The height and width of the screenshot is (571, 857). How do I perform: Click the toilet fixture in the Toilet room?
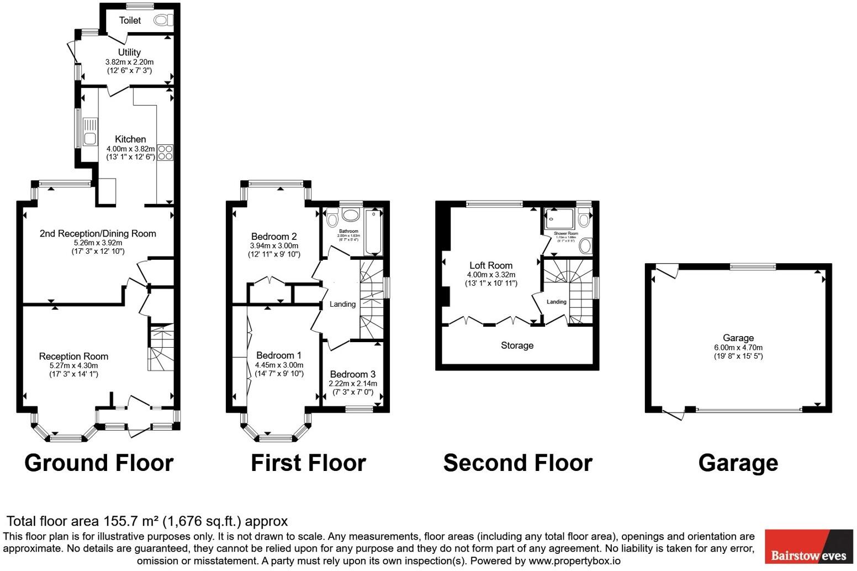pyautogui.click(x=162, y=20)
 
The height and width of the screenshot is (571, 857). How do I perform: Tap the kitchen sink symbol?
pyautogui.click(x=89, y=132)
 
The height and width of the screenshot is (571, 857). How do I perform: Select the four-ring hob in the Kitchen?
pyautogui.click(x=166, y=153)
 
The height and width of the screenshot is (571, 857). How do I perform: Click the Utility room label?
pyautogui.click(x=129, y=53)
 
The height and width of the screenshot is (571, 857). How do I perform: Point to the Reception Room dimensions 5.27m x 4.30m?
pyautogui.click(x=73, y=365)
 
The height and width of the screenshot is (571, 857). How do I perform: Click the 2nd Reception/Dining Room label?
pyautogui.click(x=98, y=233)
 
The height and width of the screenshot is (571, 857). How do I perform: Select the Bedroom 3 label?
pyautogui.click(x=353, y=374)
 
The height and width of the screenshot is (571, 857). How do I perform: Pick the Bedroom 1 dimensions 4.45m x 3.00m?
pyautogui.click(x=279, y=365)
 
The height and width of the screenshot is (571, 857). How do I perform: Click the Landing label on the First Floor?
pyautogui.click(x=342, y=304)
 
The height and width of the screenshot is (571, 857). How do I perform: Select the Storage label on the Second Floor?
pyautogui.click(x=517, y=345)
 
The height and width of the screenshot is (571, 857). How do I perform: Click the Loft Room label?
pyautogui.click(x=491, y=265)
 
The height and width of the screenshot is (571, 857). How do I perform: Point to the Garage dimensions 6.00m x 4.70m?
pyautogui.click(x=738, y=347)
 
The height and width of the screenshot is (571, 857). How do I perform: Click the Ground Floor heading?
pyautogui.click(x=99, y=463)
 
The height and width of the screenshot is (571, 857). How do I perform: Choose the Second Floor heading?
pyautogui.click(x=517, y=463)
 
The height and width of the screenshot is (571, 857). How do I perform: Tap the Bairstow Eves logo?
pyautogui.click(x=808, y=547)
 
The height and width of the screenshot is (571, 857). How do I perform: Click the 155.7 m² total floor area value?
pyautogui.click(x=131, y=521)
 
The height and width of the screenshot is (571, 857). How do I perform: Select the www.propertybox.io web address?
pyautogui.click(x=574, y=561)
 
